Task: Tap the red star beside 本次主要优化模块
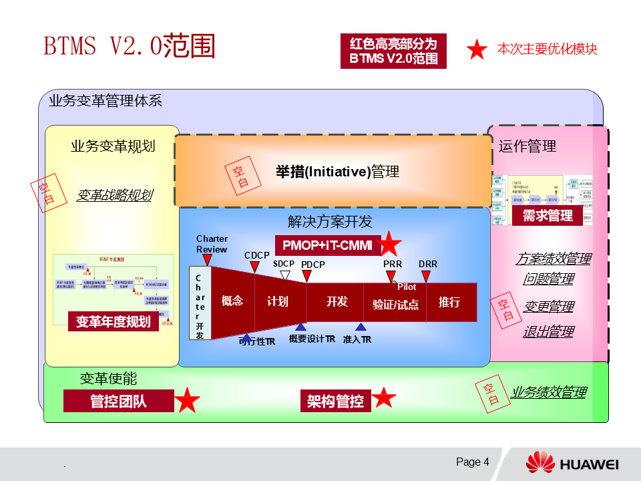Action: coord(477,49)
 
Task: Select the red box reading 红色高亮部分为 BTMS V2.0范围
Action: coord(393,51)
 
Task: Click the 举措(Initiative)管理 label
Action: coord(337,172)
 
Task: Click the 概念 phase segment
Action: coord(232,301)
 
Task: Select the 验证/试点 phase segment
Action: coord(395,304)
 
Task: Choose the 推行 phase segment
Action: coord(449,303)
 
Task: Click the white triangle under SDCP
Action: coord(285,275)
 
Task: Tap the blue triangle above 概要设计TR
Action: coord(300,327)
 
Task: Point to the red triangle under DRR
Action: coord(425,275)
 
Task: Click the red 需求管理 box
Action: coord(548,216)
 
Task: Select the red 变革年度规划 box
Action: coord(113,321)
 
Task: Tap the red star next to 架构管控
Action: coord(384,398)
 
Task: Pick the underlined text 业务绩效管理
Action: coord(548,393)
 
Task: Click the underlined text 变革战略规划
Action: coord(114,195)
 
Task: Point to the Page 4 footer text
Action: coord(473,462)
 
